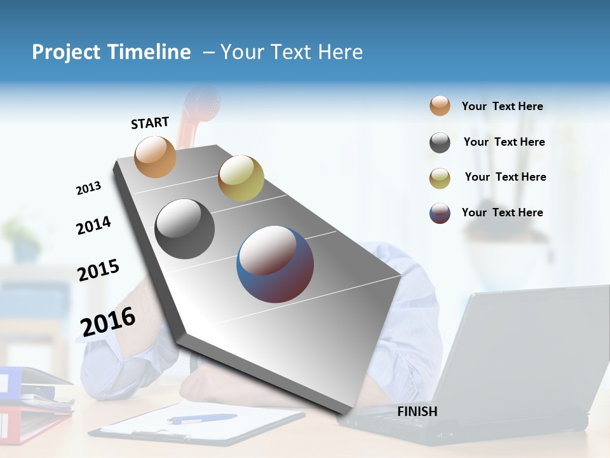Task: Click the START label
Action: tap(150, 123)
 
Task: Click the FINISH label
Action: tap(417, 412)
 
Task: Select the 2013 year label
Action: tap(88, 188)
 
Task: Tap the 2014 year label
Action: tap(93, 225)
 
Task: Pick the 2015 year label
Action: tap(98, 270)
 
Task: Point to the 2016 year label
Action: tap(108, 322)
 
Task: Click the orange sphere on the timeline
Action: tap(155, 156)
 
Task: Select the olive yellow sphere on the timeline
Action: tap(241, 178)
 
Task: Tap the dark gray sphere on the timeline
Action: tap(184, 229)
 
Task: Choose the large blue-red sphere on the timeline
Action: tap(275, 264)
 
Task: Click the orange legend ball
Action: tap(440, 106)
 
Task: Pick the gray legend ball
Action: tap(440, 142)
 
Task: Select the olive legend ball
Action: tap(440, 178)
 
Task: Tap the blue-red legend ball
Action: tap(440, 213)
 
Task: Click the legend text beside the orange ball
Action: tap(502, 106)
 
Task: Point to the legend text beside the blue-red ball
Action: tap(502, 212)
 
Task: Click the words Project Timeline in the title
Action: tap(111, 52)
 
